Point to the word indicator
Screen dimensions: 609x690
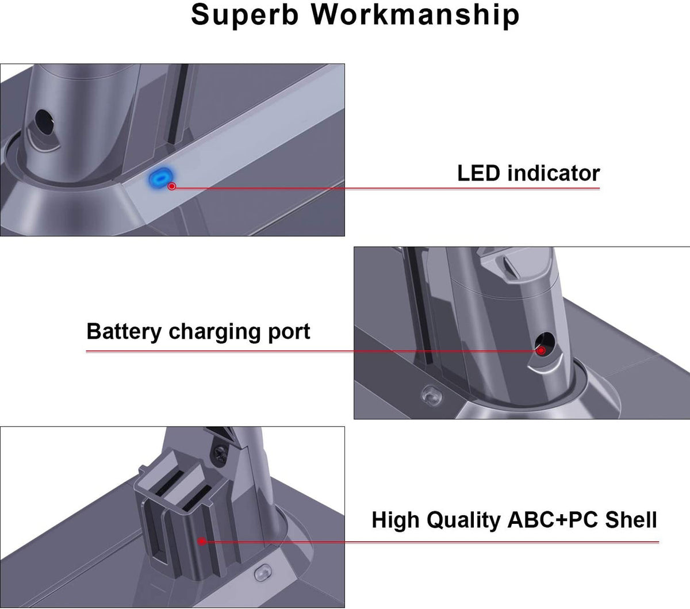coord(554,173)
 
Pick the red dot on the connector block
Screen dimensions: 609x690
coord(201,541)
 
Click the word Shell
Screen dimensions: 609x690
coord(632,520)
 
